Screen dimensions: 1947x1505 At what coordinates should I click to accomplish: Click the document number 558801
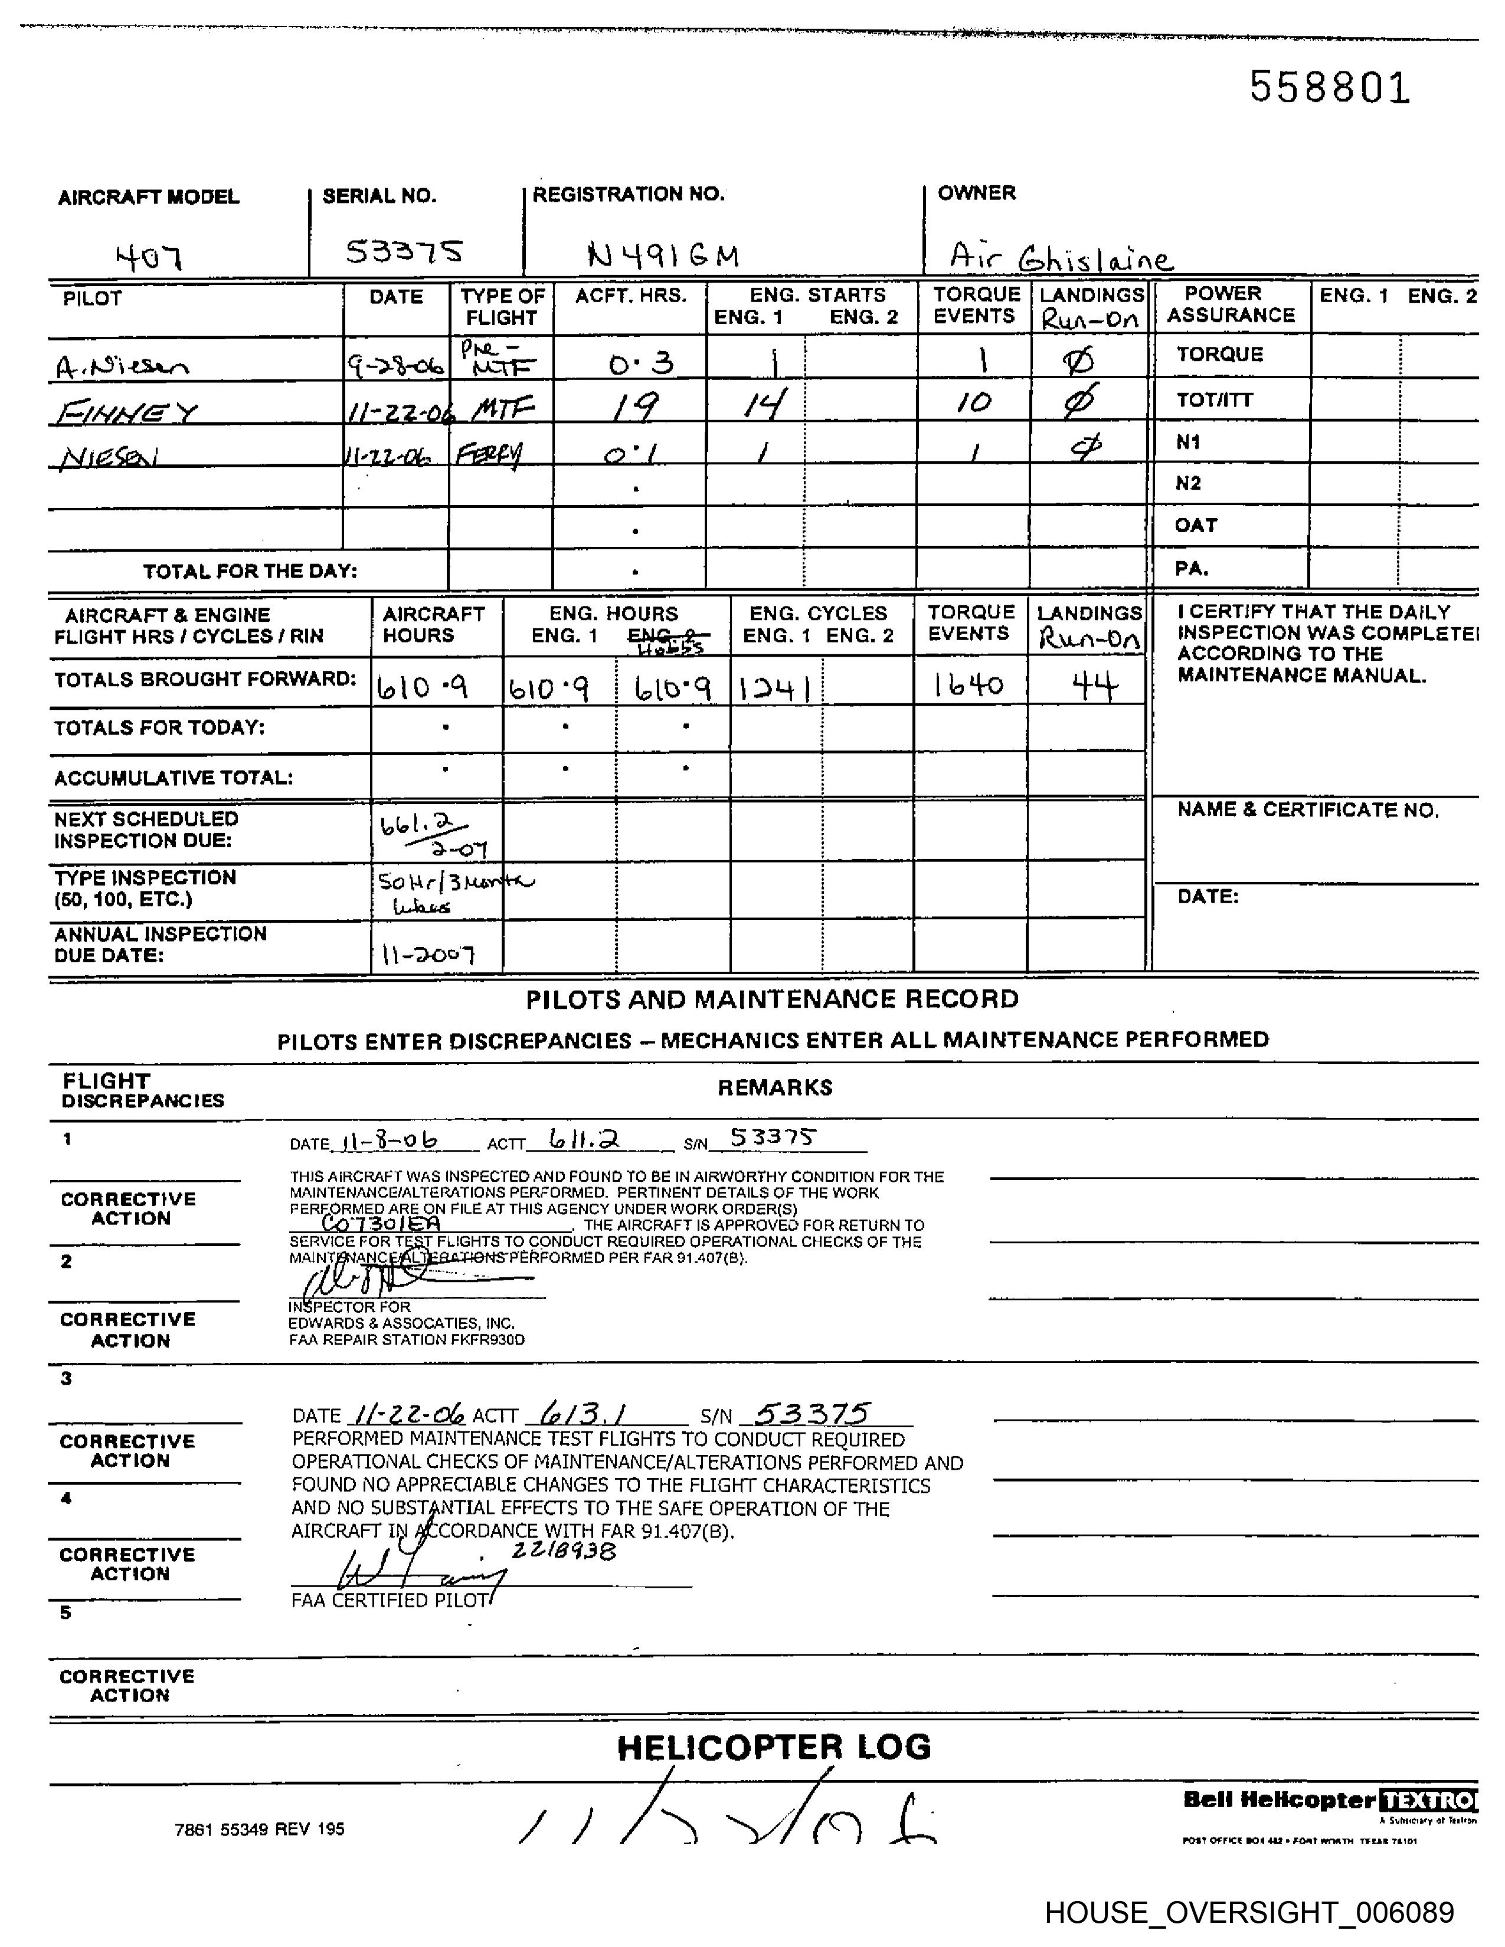[x=1329, y=87]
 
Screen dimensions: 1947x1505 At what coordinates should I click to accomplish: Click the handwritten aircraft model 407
[x=149, y=258]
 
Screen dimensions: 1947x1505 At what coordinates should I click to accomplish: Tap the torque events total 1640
[x=969, y=684]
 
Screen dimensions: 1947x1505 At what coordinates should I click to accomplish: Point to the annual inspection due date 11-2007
[x=428, y=956]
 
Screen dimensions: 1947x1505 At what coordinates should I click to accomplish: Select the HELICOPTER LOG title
[x=773, y=1748]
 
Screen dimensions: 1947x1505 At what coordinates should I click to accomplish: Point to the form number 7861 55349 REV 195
[x=260, y=1830]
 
